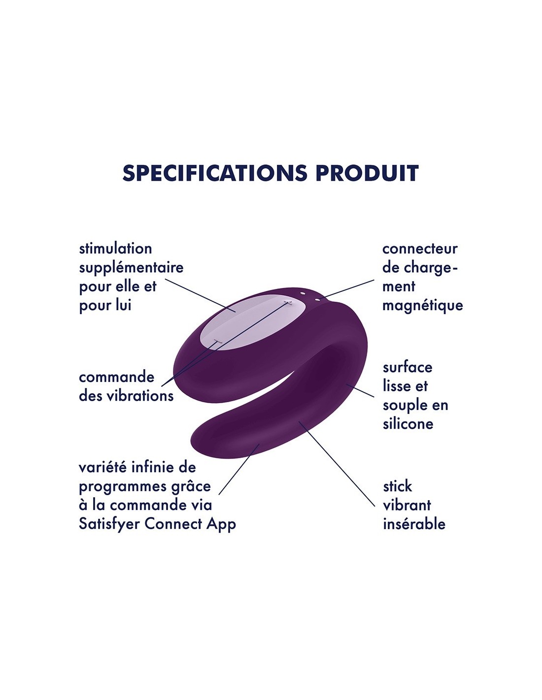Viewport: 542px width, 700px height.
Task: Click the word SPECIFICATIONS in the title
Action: [215, 173]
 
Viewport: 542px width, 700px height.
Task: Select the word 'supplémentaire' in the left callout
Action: [131, 268]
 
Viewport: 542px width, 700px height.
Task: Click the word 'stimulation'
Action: [115, 249]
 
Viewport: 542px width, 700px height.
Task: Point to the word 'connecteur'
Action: [420, 249]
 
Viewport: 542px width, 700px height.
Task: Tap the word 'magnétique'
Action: [423, 305]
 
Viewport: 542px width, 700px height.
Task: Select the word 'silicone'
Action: [408, 424]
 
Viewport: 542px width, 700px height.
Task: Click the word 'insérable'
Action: [414, 524]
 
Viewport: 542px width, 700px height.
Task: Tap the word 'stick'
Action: [397, 486]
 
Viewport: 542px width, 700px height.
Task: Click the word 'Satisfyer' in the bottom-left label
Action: [109, 524]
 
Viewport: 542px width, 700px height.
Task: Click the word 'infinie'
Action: [155, 468]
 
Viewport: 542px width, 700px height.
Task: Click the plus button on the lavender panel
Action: [288, 302]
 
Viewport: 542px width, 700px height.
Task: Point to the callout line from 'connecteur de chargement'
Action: [350, 288]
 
